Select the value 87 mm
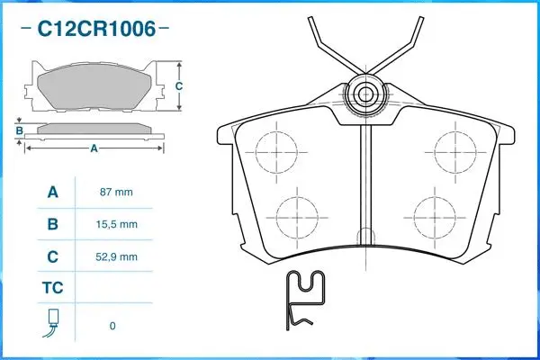[x=116, y=193]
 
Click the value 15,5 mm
[x=116, y=224]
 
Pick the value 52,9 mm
[x=116, y=256]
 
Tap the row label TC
[x=52, y=290]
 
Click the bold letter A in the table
[x=52, y=193]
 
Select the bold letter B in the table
[x=52, y=224]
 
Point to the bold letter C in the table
[x=52, y=256]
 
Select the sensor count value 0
[x=112, y=325]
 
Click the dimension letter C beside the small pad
[x=178, y=86]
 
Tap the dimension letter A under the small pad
[x=94, y=148]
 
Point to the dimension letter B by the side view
[x=18, y=130]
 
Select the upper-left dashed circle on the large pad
[x=276, y=149]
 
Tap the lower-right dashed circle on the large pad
[x=435, y=216]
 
